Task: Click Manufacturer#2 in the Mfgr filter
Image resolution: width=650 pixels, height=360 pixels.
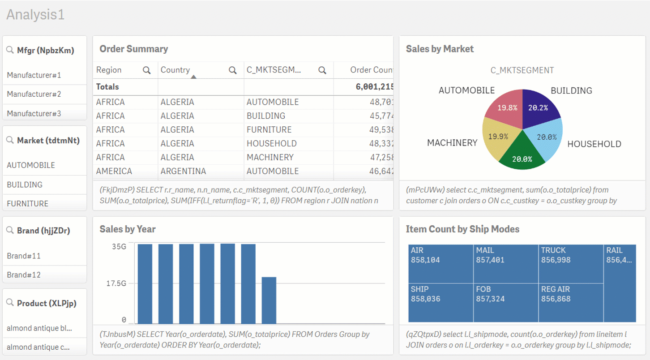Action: pyautogui.click(x=34, y=94)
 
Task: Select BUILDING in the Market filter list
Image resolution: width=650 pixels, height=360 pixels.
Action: pyautogui.click(x=25, y=184)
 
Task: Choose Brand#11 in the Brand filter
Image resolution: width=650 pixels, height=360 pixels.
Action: pyautogui.click(x=24, y=256)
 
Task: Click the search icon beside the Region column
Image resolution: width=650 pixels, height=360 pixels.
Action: pyautogui.click(x=146, y=70)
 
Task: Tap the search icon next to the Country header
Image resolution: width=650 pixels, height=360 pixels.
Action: pyautogui.click(x=232, y=70)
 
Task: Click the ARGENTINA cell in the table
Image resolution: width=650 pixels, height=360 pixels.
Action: pyautogui.click(x=183, y=171)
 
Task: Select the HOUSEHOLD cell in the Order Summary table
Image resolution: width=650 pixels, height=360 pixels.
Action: pyautogui.click(x=271, y=143)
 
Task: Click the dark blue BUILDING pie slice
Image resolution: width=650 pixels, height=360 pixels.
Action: pyautogui.click(x=539, y=108)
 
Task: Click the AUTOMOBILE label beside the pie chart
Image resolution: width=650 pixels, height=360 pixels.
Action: pyautogui.click(x=466, y=90)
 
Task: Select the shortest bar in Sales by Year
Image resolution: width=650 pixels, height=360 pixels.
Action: pyautogui.click(x=269, y=300)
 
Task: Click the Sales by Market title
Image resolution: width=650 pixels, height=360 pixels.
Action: pyautogui.click(x=440, y=49)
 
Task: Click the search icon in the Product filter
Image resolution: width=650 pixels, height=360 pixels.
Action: pyautogui.click(x=10, y=303)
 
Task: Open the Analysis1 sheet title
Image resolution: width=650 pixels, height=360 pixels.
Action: pyautogui.click(x=35, y=15)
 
